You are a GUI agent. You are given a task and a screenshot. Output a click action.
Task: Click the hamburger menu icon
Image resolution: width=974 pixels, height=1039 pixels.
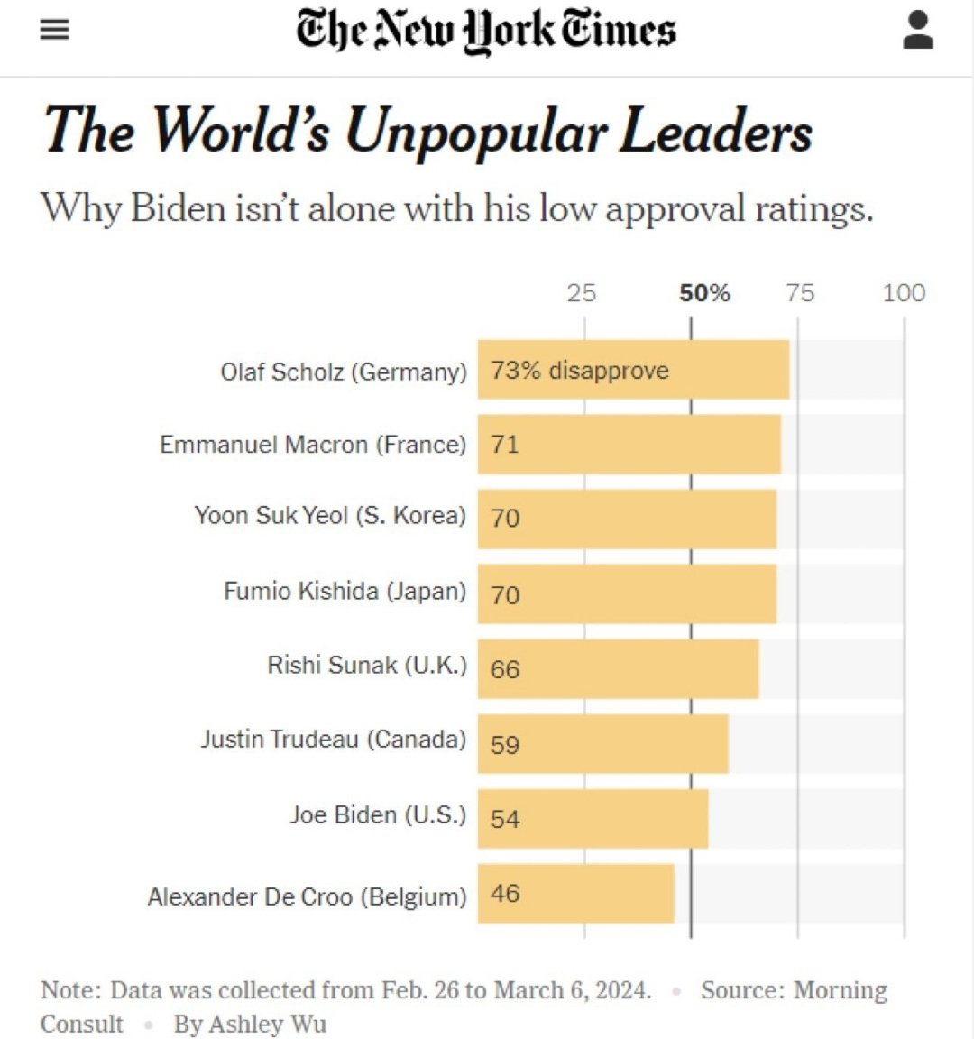(55, 30)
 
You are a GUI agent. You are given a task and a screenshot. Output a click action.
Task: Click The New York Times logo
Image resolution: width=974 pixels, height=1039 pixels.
(486, 31)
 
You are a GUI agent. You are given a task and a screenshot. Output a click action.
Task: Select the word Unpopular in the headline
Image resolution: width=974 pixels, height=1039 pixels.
(475, 133)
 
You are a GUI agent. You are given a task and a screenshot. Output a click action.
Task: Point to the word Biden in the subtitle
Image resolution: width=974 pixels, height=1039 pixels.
(178, 209)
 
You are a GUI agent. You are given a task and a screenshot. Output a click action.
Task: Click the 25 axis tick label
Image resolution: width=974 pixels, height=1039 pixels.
(582, 293)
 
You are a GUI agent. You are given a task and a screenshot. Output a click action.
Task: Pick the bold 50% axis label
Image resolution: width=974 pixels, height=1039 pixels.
(704, 293)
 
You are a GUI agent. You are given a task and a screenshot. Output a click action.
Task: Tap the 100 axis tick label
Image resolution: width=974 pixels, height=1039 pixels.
(904, 293)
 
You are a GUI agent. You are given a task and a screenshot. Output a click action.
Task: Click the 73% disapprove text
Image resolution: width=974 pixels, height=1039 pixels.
(580, 371)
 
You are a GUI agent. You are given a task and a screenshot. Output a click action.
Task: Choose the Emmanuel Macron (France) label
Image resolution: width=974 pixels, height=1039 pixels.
(313, 445)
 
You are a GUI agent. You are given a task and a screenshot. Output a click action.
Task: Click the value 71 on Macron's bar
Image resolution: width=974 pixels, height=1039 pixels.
(505, 445)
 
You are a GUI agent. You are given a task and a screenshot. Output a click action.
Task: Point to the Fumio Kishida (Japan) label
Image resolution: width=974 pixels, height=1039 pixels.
(345, 592)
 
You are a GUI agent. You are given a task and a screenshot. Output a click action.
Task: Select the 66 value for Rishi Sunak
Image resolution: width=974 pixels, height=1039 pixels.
(505, 669)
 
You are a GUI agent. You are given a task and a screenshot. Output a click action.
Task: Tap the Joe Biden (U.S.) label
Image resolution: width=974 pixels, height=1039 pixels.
(378, 815)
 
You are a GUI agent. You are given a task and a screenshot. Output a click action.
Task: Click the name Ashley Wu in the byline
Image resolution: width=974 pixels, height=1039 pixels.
(267, 1025)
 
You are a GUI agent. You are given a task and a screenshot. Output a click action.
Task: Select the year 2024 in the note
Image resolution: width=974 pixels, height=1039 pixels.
(621, 990)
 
